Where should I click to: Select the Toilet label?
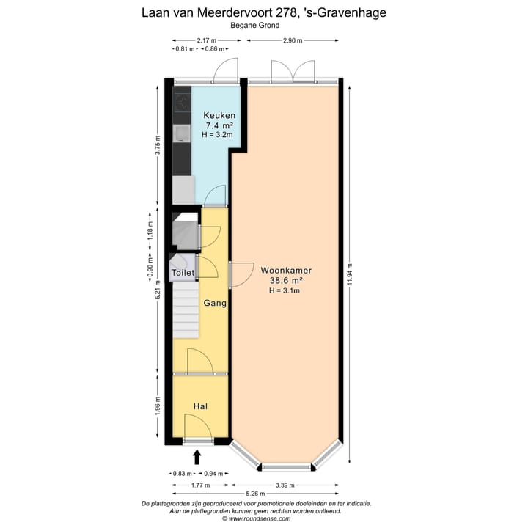pos(183,273)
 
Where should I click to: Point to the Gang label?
pos(214,303)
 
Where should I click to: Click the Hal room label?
pos(200,406)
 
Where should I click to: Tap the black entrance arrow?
pos(197,458)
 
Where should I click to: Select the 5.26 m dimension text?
pos(255,496)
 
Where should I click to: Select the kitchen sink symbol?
pos(181,132)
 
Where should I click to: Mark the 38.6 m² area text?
pos(285,280)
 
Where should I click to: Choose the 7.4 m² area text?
pos(217,125)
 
